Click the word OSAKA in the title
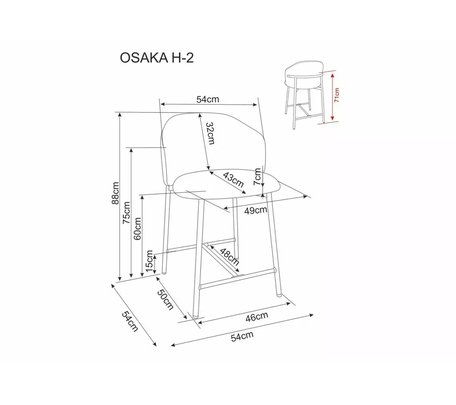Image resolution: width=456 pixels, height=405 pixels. tap(144, 58)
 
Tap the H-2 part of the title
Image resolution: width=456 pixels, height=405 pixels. tap(182, 58)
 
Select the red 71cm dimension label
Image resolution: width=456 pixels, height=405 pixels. tap(337, 95)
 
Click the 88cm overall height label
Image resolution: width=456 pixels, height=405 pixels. tap(115, 193)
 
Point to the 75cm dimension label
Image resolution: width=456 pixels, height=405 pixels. tap(127, 213)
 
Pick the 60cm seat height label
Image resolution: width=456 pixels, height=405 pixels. tap(137, 229)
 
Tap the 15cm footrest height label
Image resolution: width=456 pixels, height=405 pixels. tap(149, 261)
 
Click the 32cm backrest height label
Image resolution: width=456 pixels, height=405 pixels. tap(210, 133)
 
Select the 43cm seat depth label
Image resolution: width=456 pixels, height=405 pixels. tap(233, 180)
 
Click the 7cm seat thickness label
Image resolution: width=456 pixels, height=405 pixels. tap(257, 177)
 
